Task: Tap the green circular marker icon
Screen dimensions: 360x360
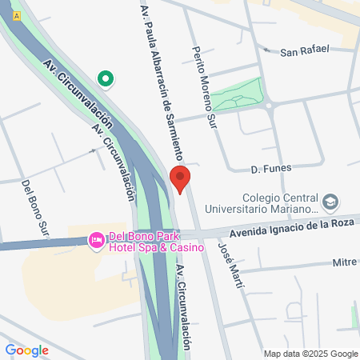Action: pyautogui.click(x=105, y=78)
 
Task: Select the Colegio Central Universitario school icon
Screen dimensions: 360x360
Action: pyautogui.click(x=330, y=199)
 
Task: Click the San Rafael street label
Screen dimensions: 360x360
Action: pyautogui.click(x=304, y=50)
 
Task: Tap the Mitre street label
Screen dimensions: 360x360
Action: pyautogui.click(x=344, y=262)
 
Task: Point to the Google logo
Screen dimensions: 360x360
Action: pyautogui.click(x=26, y=350)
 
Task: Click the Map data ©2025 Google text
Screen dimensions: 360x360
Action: pyautogui.click(x=311, y=354)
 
